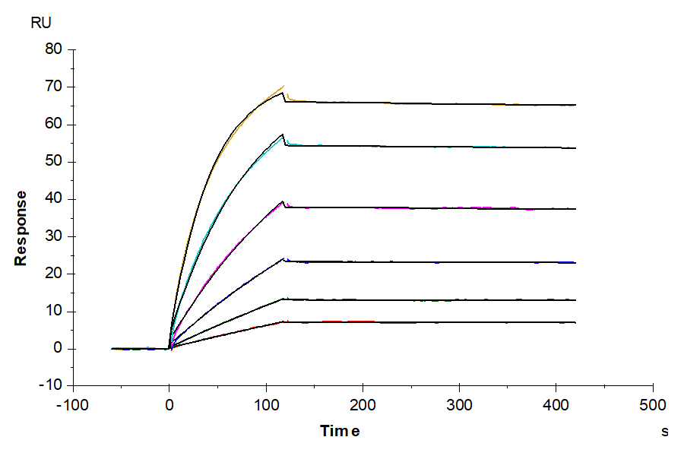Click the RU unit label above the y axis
pos(41,23)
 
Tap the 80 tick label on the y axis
pos(55,49)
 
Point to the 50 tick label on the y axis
pos(55,161)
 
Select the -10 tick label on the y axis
pos(52,385)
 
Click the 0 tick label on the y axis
pos(59,348)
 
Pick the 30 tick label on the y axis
pos(55,236)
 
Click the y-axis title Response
pos(21,227)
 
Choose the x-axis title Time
pos(340,431)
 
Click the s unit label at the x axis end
pos(665,431)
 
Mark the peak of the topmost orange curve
pos(283,86)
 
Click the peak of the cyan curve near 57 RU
pos(283,135)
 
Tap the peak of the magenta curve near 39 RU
pos(283,201)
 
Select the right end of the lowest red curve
pos(575,322)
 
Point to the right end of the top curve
pos(575,105)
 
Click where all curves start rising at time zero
pos(169,348)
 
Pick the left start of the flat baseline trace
pos(112,349)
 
